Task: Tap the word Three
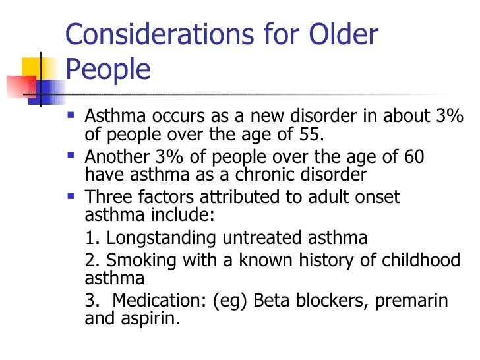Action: tap(108, 198)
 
